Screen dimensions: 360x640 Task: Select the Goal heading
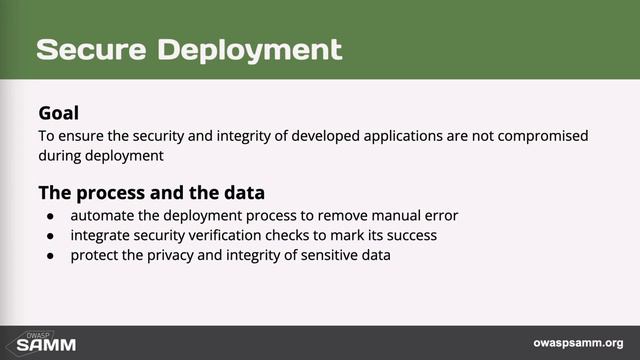coord(58,113)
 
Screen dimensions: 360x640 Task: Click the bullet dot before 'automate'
coord(51,216)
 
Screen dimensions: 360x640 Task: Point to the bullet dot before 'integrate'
coord(51,236)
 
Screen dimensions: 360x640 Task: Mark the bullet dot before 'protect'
coord(51,255)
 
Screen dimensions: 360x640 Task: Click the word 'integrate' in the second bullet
coord(103,236)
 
